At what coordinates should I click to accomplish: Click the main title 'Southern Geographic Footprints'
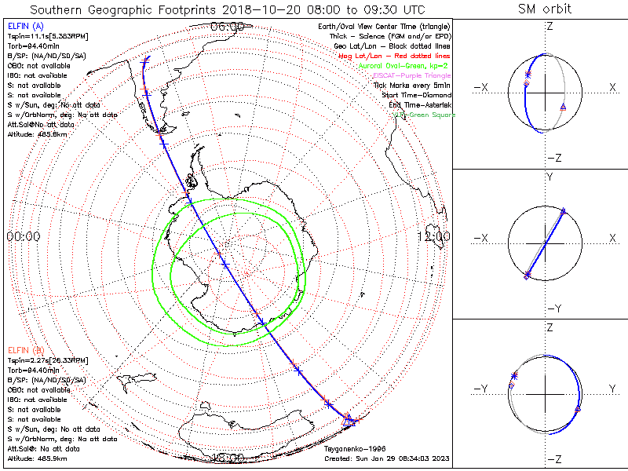[118, 9]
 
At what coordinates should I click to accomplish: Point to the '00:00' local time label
[23, 236]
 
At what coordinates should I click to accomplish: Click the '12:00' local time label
[433, 236]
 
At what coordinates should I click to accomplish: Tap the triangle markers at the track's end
[349, 422]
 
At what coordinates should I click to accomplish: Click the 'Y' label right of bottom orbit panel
[612, 388]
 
